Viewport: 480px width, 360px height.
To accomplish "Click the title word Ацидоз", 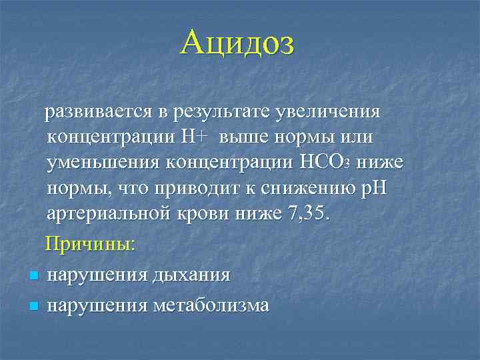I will click(237, 44).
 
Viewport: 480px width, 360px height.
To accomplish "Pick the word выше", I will click(246, 137).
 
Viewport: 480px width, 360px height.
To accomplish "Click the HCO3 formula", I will click(325, 162).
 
